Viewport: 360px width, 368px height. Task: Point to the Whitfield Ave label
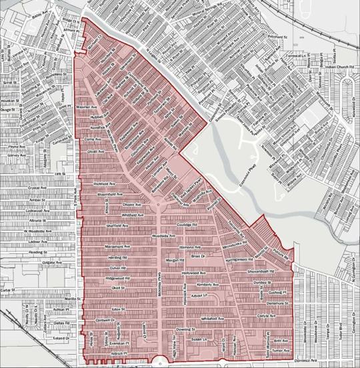pyautogui.click(x=123, y=215)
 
